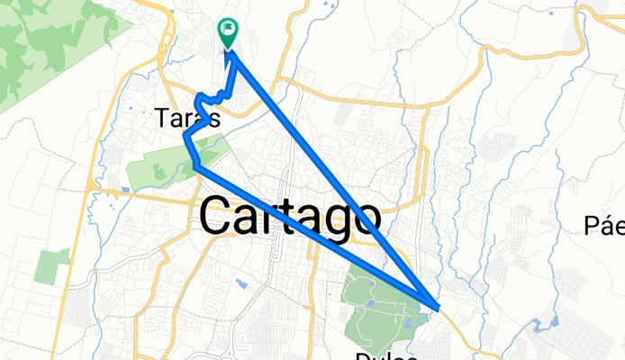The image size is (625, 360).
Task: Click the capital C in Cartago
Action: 220,216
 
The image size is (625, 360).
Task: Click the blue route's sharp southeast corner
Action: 437,308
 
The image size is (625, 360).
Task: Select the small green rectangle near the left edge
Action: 53,266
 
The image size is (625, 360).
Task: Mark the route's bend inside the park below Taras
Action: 195,166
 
